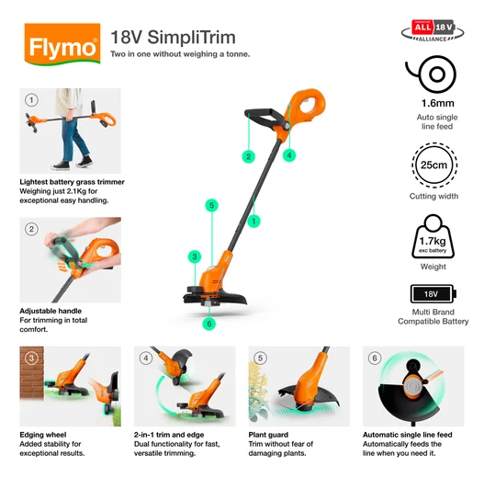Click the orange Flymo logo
click(x=62, y=43)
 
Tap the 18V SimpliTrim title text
click(x=173, y=38)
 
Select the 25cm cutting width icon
click(x=433, y=165)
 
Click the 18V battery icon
click(x=433, y=294)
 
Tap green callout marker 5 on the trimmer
click(x=211, y=205)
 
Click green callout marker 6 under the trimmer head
click(x=208, y=323)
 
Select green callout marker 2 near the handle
click(x=248, y=156)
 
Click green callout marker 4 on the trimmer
click(x=288, y=155)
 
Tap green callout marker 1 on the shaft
click(x=253, y=221)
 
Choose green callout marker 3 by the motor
click(x=194, y=256)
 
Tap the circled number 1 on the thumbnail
click(x=31, y=99)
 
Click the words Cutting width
click(x=433, y=197)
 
